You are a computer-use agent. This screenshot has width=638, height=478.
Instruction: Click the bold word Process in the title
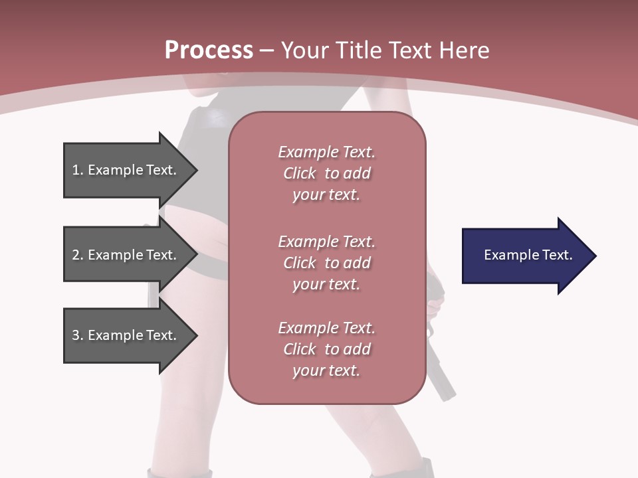click(x=209, y=50)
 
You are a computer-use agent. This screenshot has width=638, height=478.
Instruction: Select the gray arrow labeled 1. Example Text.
click(x=126, y=170)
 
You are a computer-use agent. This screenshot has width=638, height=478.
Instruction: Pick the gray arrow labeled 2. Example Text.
click(x=126, y=255)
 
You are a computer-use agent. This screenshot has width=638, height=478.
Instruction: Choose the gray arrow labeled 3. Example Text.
click(x=126, y=335)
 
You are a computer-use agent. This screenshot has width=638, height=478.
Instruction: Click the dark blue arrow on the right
click(x=525, y=256)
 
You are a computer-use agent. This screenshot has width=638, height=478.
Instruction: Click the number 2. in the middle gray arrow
click(x=77, y=255)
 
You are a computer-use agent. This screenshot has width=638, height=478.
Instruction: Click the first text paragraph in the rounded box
click(x=326, y=173)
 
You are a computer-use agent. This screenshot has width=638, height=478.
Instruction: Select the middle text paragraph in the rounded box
click(x=326, y=263)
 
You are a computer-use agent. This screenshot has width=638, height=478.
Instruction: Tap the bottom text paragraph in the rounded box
click(x=326, y=349)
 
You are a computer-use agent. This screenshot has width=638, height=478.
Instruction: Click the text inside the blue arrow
click(x=528, y=255)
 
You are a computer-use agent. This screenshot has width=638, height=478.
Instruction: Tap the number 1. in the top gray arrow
click(x=77, y=170)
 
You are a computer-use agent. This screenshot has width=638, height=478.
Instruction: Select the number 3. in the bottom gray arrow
click(x=77, y=335)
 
